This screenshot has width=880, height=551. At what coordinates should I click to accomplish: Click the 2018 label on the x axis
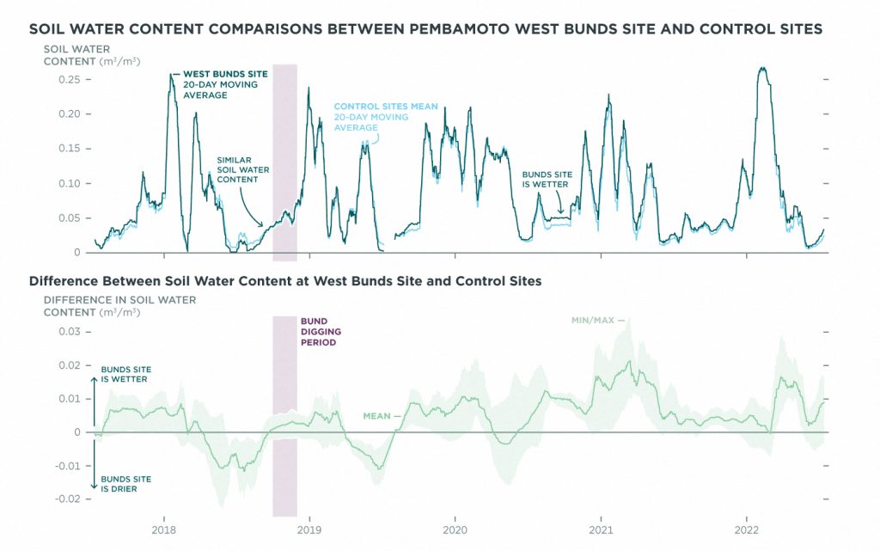pyautogui.click(x=164, y=530)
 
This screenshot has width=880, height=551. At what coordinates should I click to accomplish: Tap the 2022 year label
pyautogui.click(x=747, y=530)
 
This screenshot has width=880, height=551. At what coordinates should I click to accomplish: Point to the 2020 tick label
pyautogui.click(x=455, y=530)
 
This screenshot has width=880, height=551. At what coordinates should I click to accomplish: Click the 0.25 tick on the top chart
pyautogui.click(x=69, y=80)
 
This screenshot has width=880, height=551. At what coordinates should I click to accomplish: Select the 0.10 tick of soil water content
pyautogui.click(x=69, y=183)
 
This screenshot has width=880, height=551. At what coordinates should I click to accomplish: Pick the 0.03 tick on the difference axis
pyautogui.click(x=69, y=332)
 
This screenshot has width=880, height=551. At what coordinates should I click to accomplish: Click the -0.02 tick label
pyautogui.click(x=67, y=499)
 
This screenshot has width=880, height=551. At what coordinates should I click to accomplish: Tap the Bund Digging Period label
pyautogui.click(x=321, y=332)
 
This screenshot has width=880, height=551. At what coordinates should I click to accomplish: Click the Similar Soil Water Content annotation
pyautogui.click(x=243, y=169)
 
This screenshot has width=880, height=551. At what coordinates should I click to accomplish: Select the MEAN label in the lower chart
pyautogui.click(x=376, y=416)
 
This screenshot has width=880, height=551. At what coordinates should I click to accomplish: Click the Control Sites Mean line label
pyautogui.click(x=386, y=117)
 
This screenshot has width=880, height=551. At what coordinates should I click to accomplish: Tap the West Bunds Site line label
pyautogui.click(x=225, y=84)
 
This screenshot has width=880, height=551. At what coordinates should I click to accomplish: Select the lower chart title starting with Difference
pyautogui.click(x=285, y=281)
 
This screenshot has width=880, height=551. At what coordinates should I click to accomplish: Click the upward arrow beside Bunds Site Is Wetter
pyautogui.click(x=95, y=401)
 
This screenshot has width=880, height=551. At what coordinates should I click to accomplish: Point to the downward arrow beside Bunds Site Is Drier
pyautogui.click(x=95, y=464)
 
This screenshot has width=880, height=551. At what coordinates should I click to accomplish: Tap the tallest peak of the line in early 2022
pyautogui.click(x=761, y=68)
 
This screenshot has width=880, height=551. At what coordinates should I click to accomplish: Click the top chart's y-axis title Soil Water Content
pyautogui.click(x=92, y=55)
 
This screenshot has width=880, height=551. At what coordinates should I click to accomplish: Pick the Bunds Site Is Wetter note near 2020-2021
pyautogui.click(x=547, y=180)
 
